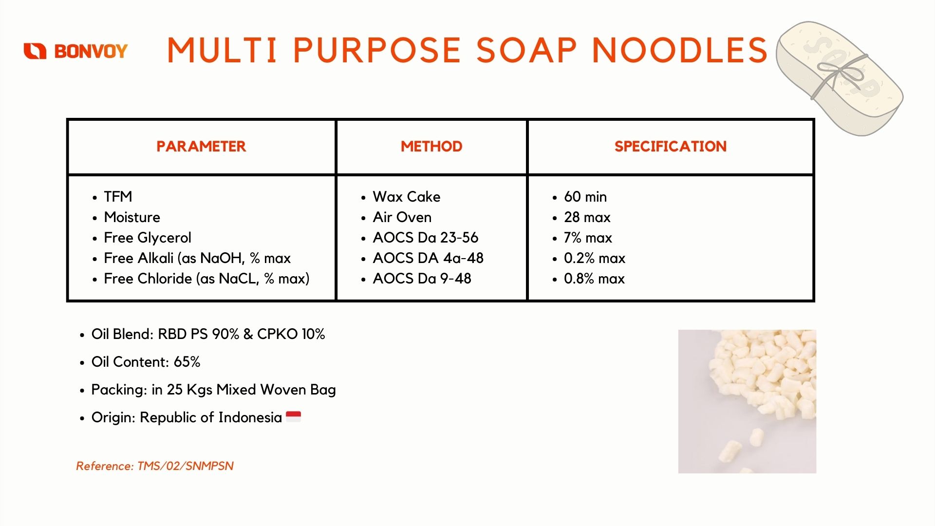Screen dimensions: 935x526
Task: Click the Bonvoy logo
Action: tap(75, 51)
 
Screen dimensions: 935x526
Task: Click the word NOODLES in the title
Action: tap(680, 50)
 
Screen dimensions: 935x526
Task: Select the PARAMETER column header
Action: tap(201, 146)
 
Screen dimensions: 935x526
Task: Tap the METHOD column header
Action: tap(431, 146)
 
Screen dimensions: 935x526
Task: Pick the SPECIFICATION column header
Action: tap(671, 146)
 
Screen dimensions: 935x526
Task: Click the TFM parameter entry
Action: tap(118, 196)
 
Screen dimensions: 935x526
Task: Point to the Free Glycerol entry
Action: tap(148, 237)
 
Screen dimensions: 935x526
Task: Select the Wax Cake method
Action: tap(407, 196)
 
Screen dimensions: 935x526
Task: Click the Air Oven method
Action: tap(402, 217)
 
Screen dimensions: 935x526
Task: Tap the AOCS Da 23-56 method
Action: tap(426, 237)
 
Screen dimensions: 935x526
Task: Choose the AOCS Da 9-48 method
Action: tap(422, 278)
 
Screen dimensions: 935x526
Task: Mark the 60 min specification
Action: tap(585, 196)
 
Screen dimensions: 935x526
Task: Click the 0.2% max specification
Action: tap(595, 258)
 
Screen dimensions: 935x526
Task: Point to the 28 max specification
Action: tap(587, 217)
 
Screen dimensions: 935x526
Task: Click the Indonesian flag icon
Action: tap(293, 416)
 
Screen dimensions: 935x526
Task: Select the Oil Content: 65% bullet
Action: tap(146, 361)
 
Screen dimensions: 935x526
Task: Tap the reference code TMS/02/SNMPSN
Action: tap(186, 466)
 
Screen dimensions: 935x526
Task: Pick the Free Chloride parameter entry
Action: tap(206, 278)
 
